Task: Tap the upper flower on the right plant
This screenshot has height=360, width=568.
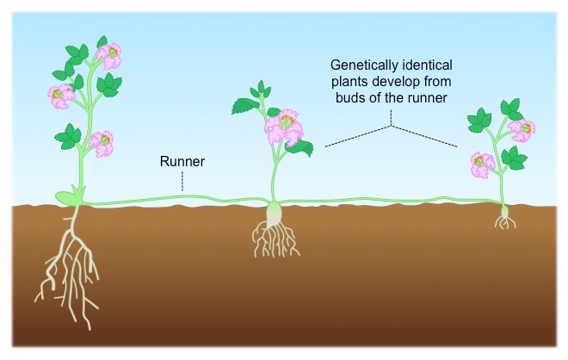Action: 522,129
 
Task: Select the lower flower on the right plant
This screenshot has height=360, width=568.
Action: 481,162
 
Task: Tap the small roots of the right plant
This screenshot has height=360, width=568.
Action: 505,222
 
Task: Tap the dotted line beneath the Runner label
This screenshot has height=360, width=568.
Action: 182,178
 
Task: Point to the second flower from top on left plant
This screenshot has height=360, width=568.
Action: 60,92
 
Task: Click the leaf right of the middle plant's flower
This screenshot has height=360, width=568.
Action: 300,147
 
